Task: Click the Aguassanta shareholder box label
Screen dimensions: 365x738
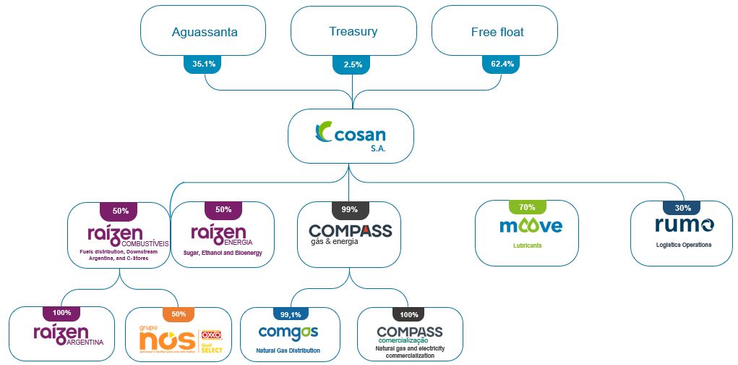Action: pos(205,32)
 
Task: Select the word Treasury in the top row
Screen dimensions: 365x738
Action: pos(353,31)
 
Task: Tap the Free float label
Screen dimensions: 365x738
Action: pos(497,32)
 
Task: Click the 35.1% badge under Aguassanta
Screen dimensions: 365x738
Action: pos(204,64)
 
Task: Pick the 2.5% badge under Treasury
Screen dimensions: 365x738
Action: pos(353,64)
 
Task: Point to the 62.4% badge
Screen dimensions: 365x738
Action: pos(502,64)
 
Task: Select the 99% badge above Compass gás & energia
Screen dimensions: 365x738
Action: pos(350,209)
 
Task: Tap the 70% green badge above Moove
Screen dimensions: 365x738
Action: pos(527,207)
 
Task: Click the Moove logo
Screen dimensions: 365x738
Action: pos(531,226)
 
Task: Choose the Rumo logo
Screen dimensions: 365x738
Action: pos(685,225)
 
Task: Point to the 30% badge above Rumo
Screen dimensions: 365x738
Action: pos(682,207)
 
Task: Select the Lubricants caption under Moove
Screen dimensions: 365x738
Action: pos(528,246)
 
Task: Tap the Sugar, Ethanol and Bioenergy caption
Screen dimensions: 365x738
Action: pos(222,253)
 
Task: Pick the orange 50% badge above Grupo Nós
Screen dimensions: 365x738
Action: pos(179,314)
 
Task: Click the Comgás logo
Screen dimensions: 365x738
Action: pos(288,333)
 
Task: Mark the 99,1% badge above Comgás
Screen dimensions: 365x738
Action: pos(290,314)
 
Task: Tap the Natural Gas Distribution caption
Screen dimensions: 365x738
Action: pos(288,351)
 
